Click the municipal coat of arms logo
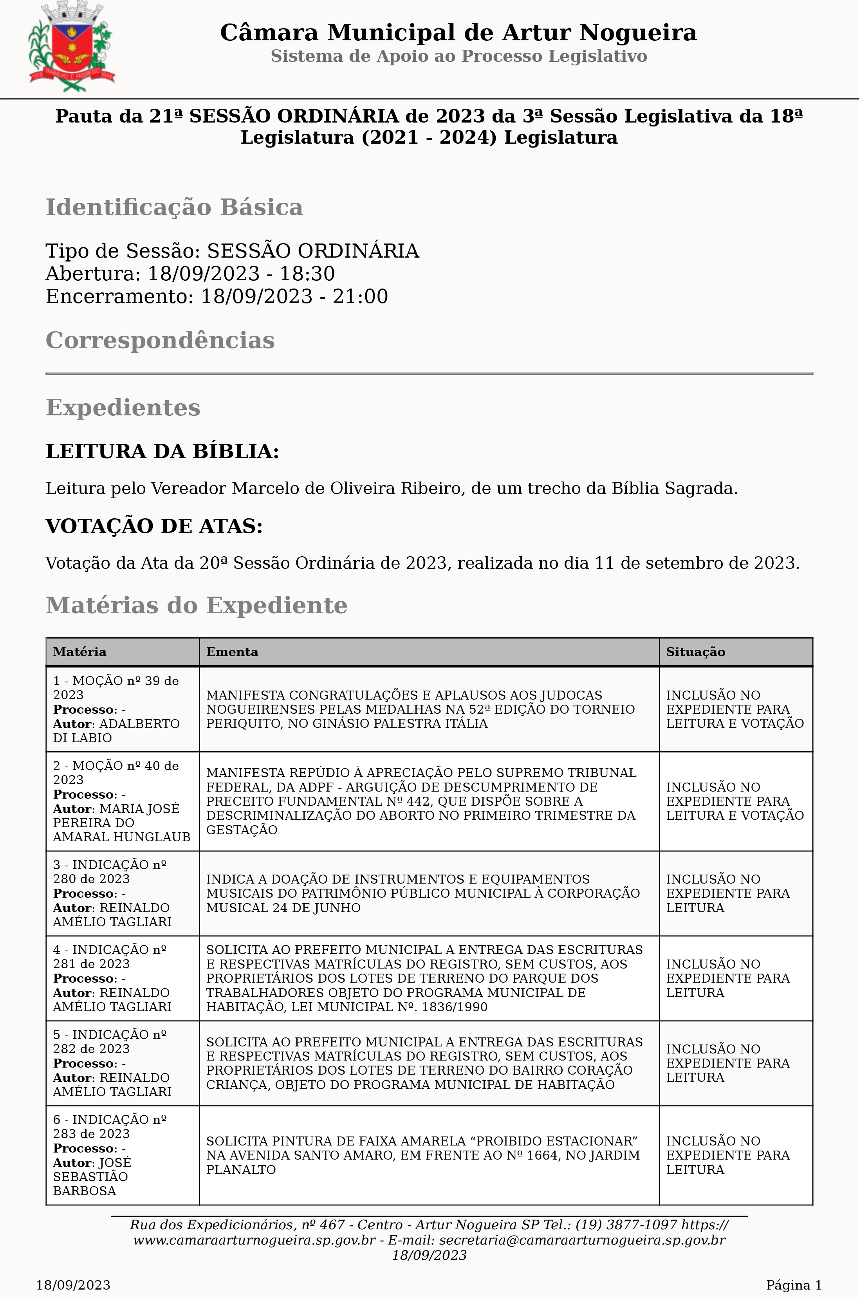[x=71, y=47]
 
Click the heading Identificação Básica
[x=174, y=207]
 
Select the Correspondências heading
[x=160, y=340]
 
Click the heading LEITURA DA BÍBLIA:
[x=162, y=451]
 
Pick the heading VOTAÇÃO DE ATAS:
[x=154, y=526]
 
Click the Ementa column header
[x=232, y=652]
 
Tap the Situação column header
[x=695, y=652]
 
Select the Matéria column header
[x=79, y=652]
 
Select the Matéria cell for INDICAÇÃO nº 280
[x=122, y=893]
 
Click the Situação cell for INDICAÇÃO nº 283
[x=735, y=1155]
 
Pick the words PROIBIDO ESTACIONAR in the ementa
[x=557, y=1141]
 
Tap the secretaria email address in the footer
[x=582, y=1240]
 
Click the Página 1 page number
[x=793, y=1285]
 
